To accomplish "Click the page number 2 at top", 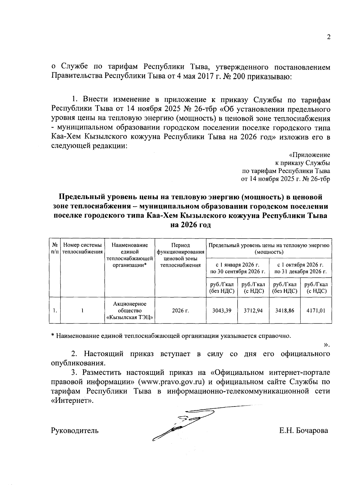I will (328, 37).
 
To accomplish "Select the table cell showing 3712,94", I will (253, 311).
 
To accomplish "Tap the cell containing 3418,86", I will (285, 311).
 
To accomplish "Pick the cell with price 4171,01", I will (316, 311).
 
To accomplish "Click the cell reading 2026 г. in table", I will (180, 311).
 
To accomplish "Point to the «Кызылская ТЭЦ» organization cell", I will (130, 311).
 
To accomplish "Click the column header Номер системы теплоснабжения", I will (82, 248).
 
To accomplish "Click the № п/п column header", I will (55, 248).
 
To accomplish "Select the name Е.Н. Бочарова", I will (303, 431).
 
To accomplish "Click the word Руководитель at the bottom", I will (75, 431).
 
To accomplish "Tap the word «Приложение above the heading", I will (309, 155).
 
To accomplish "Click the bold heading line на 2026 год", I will (190, 225).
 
